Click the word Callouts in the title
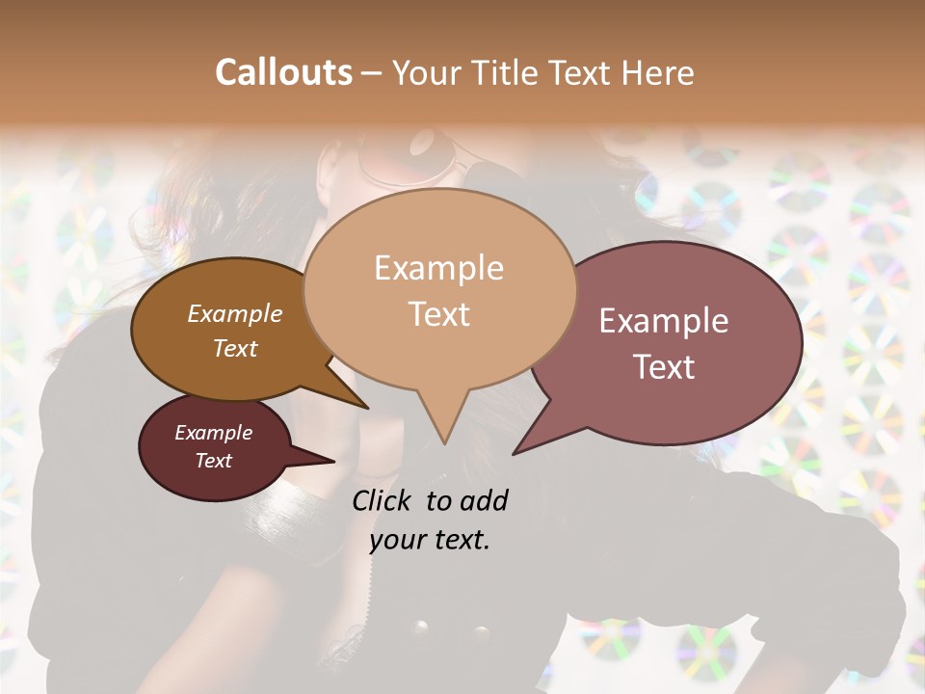coord(283,72)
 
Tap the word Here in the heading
coord(654,72)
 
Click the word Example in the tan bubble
coord(438,268)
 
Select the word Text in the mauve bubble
coord(665,367)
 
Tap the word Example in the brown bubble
coord(234,314)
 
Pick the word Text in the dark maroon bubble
coord(214,461)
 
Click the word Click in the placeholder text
coord(382,500)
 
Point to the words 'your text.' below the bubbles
coord(430,540)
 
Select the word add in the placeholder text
coord(483,500)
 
